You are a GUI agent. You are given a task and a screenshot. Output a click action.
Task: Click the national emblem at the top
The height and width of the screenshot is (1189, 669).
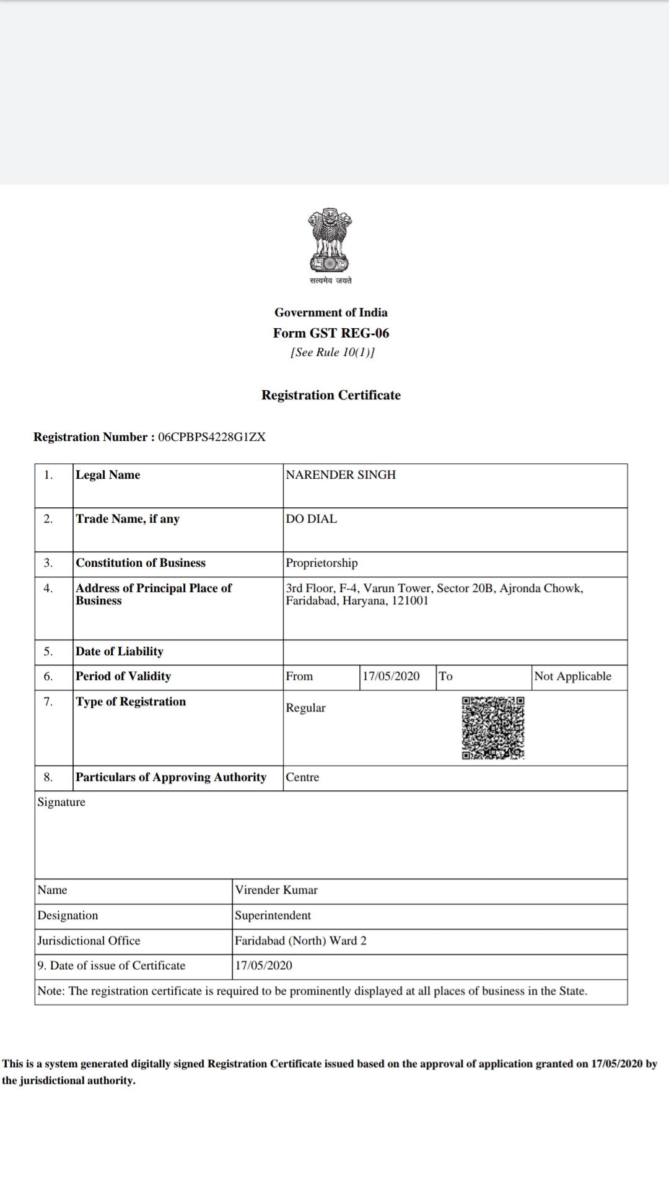click(x=331, y=242)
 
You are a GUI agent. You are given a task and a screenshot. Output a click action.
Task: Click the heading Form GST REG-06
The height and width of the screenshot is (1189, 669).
click(x=331, y=333)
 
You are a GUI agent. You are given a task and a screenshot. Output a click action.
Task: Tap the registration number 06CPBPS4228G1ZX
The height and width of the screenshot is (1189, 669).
click(x=212, y=437)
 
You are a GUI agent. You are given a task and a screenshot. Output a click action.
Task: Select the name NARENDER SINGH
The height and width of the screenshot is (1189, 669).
click(x=341, y=475)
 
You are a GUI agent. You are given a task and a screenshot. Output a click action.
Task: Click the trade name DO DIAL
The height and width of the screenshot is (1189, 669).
click(x=312, y=519)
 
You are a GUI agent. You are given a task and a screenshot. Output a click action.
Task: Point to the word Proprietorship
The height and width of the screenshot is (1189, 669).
click(x=321, y=563)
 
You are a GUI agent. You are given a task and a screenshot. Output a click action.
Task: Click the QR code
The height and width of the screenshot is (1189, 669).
click(x=493, y=728)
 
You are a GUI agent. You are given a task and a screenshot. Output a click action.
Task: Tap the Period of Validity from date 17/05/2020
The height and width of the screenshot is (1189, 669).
click(x=391, y=676)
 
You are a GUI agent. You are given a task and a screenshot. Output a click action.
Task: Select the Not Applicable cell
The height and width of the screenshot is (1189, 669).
click(x=572, y=676)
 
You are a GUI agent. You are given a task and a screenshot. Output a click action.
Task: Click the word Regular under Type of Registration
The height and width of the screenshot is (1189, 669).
click(x=305, y=708)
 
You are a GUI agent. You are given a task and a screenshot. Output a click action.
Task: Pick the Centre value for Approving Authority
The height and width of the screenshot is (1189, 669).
click(x=302, y=777)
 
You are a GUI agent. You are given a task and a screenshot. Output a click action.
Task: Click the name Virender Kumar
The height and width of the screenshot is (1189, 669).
click(x=276, y=890)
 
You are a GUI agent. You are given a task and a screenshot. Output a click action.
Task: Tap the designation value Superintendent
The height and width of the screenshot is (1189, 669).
click(x=273, y=915)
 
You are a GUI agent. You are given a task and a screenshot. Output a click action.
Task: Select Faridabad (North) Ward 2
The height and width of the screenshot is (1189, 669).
click(x=300, y=941)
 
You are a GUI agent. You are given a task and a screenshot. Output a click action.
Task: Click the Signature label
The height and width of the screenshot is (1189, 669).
click(x=61, y=802)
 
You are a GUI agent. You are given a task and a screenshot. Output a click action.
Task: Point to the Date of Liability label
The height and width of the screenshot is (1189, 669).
click(x=120, y=651)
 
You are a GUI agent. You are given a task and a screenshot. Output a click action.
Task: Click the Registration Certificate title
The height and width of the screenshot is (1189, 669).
click(x=331, y=395)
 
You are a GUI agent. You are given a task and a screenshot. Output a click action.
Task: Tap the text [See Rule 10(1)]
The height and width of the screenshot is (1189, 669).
click(x=333, y=352)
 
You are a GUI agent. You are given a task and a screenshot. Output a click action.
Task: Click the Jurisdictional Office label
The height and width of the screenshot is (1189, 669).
click(x=89, y=941)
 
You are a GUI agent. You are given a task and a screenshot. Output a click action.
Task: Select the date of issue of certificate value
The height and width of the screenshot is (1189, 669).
click(x=263, y=965)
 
